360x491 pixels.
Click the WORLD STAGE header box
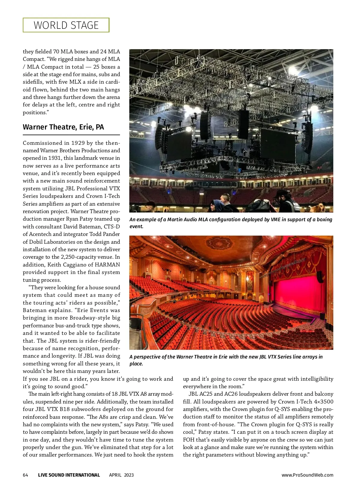click(x=66, y=25)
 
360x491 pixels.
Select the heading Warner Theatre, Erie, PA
click(x=63, y=127)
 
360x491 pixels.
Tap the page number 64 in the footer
click(x=25, y=475)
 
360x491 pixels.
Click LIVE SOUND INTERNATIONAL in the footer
click(x=69, y=475)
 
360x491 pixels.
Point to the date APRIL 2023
click(x=121, y=475)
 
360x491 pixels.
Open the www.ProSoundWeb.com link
click(x=307, y=475)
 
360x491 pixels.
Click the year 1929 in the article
click(x=76, y=143)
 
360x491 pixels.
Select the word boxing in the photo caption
click(x=324, y=219)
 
